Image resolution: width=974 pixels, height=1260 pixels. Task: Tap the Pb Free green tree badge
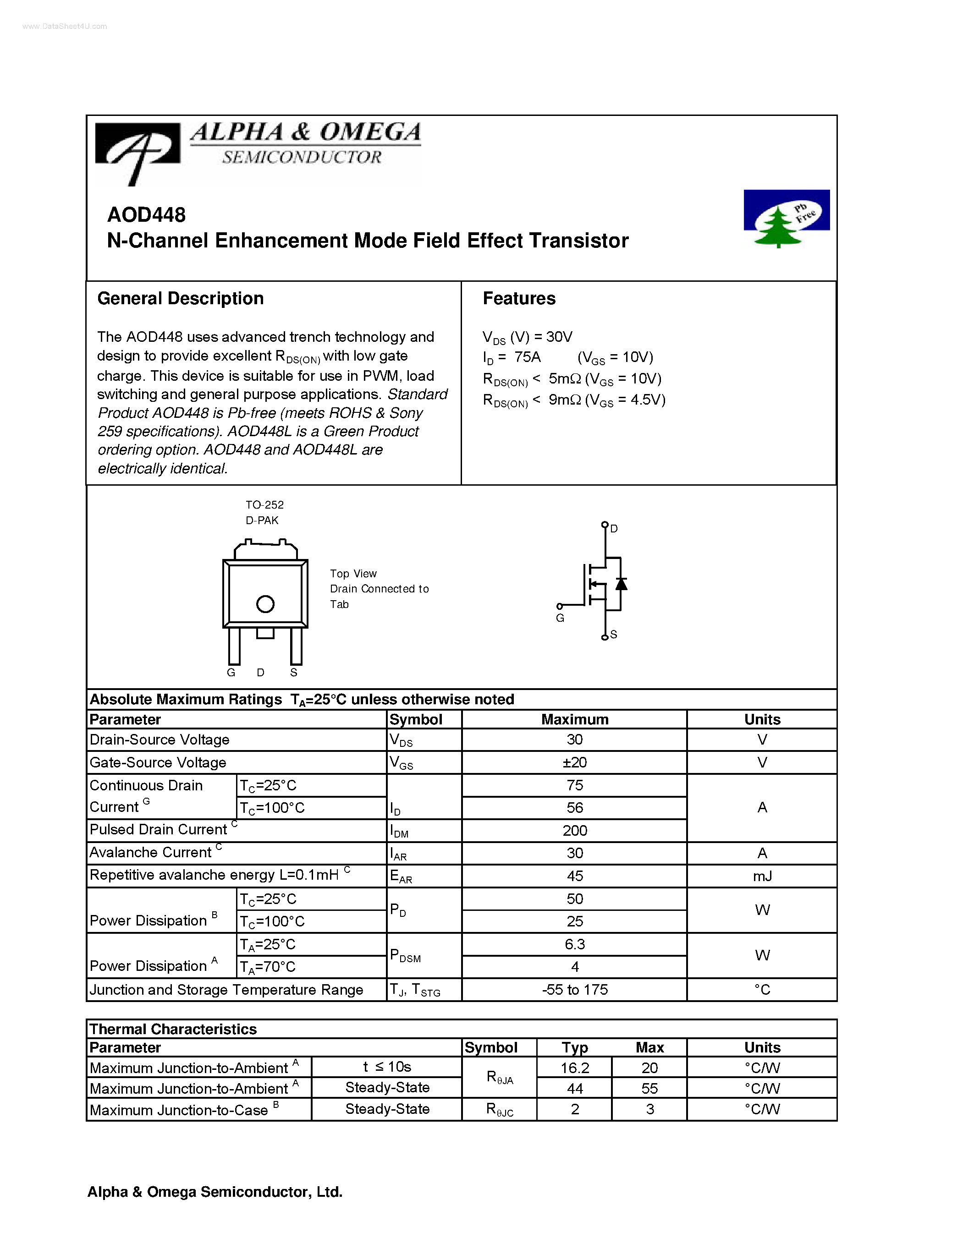point(787,219)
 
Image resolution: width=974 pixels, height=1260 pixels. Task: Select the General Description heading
point(180,298)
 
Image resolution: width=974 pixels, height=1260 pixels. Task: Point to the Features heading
point(519,298)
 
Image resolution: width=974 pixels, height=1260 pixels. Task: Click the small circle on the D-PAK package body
point(265,604)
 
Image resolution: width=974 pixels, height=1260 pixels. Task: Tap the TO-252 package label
point(264,505)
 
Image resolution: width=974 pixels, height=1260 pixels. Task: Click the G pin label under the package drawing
point(231,673)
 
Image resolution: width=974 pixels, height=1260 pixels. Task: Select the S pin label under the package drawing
point(294,673)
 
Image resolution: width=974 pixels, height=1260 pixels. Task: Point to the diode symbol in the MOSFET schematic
point(621,584)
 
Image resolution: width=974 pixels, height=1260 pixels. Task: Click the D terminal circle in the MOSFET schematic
point(605,525)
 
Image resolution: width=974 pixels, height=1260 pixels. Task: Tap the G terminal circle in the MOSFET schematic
point(559,606)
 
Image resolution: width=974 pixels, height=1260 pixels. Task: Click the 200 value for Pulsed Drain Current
point(574,831)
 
